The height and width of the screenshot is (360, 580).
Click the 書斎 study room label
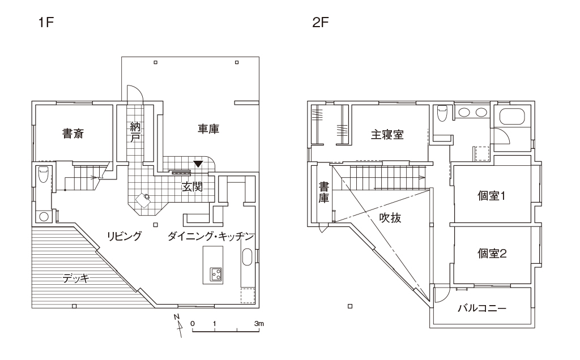click(74, 134)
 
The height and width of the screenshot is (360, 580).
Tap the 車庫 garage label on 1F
click(208, 129)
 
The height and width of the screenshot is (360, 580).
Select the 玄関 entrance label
click(192, 186)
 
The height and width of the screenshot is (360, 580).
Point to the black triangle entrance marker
click(198, 164)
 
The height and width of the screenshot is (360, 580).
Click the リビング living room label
click(125, 237)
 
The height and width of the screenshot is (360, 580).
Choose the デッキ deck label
click(75, 278)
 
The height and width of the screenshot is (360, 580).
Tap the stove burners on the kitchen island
click(216, 274)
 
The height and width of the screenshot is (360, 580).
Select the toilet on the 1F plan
click(43, 177)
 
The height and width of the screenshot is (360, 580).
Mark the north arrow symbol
click(178, 324)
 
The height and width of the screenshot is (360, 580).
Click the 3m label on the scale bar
click(260, 323)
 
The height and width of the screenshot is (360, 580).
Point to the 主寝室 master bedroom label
click(387, 135)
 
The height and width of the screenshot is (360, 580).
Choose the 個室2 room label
click(491, 253)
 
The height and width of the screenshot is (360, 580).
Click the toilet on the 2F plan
click(443, 113)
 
